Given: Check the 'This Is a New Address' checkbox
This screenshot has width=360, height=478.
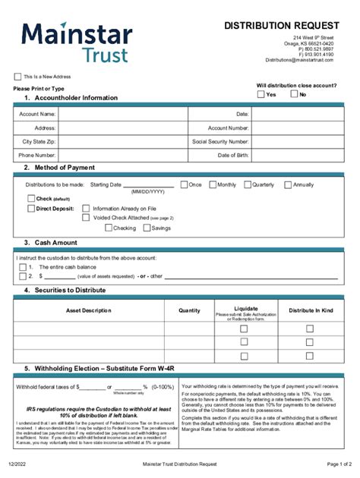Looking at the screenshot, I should click(17, 77).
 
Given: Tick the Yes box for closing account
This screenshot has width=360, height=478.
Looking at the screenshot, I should click(261, 95).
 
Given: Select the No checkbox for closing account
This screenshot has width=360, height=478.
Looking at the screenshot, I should click(293, 95).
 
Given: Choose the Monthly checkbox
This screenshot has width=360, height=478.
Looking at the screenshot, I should click(212, 185).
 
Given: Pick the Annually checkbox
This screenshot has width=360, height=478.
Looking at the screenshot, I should click(288, 185).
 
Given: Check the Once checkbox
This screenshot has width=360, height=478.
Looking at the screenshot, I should click(184, 185).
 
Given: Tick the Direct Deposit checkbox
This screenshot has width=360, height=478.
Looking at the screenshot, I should click(31, 208).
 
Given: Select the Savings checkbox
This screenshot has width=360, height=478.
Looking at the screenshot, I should click(146, 228).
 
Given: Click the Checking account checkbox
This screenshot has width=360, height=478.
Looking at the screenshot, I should click(108, 228).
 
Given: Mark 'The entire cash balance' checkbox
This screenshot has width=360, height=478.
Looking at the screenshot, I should click(21, 267).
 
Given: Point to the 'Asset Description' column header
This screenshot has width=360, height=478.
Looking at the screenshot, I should click(88, 310).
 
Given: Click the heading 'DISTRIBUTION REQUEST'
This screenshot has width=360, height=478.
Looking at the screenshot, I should click(281, 25).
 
